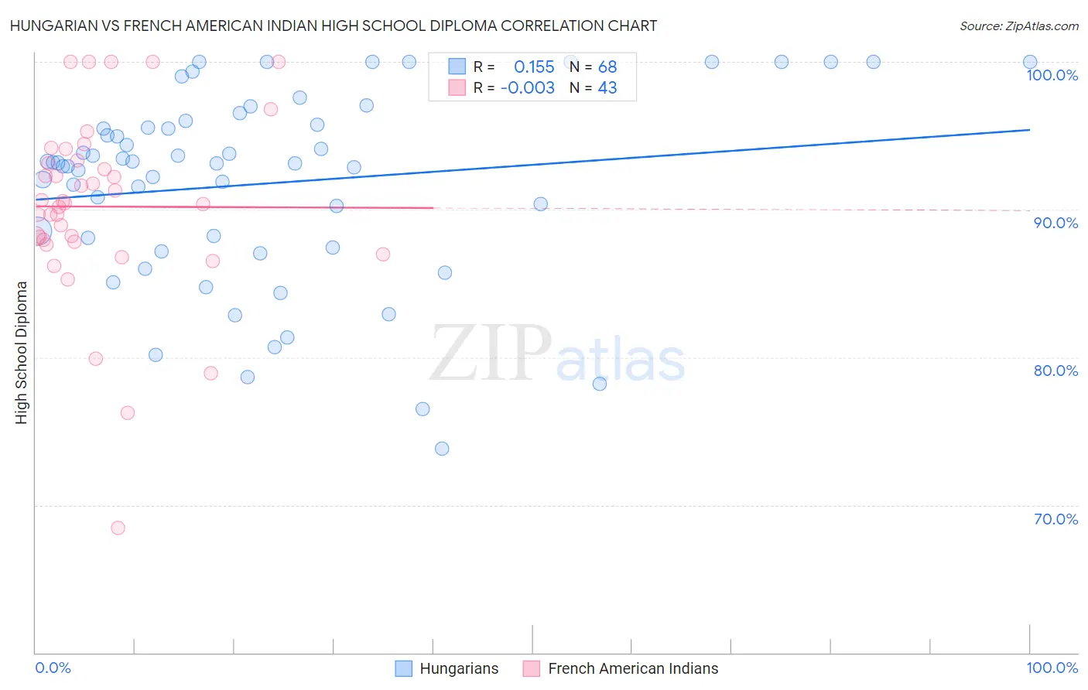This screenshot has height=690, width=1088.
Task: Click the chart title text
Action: tap(334, 26)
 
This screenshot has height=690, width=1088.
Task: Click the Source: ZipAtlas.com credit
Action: tap(1018, 26)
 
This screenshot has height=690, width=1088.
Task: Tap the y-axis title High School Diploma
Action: tap(22, 352)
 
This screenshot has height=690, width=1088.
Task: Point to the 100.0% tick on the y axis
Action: tap(1052, 75)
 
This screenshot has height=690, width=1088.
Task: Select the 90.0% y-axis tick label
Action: tap(1055, 223)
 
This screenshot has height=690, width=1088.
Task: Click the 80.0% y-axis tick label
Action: tap(1055, 371)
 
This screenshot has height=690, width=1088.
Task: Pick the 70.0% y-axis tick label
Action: tap(1055, 519)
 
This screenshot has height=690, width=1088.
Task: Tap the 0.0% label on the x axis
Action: tap(53, 668)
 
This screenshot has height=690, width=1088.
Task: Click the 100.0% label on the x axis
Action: tap(1052, 668)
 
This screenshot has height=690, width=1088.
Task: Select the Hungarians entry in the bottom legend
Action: tap(459, 668)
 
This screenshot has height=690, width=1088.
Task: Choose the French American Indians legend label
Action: tap(633, 668)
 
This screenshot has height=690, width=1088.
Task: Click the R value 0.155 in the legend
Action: tap(534, 67)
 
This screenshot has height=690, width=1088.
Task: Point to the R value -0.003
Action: tap(528, 88)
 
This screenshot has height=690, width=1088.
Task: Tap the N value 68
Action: tap(607, 67)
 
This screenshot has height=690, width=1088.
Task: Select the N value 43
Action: tap(607, 88)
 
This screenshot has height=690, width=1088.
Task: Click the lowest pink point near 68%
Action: tap(118, 528)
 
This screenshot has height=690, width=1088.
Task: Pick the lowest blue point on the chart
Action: tap(442, 449)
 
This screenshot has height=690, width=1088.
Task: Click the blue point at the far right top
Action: tap(1030, 62)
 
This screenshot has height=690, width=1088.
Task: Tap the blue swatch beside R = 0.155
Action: tap(457, 67)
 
